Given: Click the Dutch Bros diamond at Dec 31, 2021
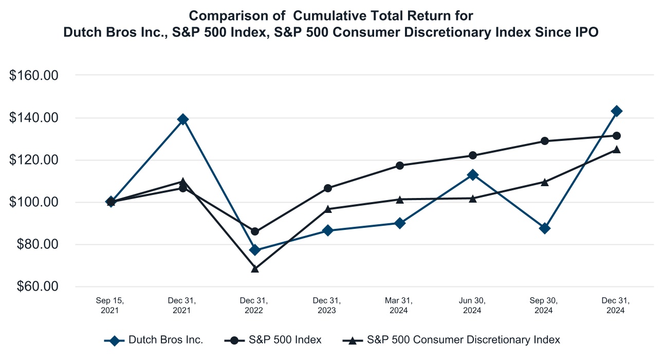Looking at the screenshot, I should coord(182,119).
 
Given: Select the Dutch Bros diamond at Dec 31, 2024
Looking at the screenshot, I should coord(617,111).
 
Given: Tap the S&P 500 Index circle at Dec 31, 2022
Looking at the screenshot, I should coord(255,231).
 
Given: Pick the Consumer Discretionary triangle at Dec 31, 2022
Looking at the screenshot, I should coord(255,268).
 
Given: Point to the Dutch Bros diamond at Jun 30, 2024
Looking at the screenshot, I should coord(472,175).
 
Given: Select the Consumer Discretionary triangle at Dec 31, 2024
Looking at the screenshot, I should coord(617,150).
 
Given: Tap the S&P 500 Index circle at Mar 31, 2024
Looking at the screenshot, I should coord(400,166).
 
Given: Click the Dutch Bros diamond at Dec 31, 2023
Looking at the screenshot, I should coord(327,230).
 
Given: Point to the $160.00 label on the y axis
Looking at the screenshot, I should coord(35,76).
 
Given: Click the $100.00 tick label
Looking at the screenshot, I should coord(35,202).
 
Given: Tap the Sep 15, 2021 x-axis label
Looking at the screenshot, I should coord(110,305).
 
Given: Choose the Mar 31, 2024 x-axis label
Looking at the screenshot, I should coord(399,305).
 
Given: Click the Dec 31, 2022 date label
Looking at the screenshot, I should coord(254,305).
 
